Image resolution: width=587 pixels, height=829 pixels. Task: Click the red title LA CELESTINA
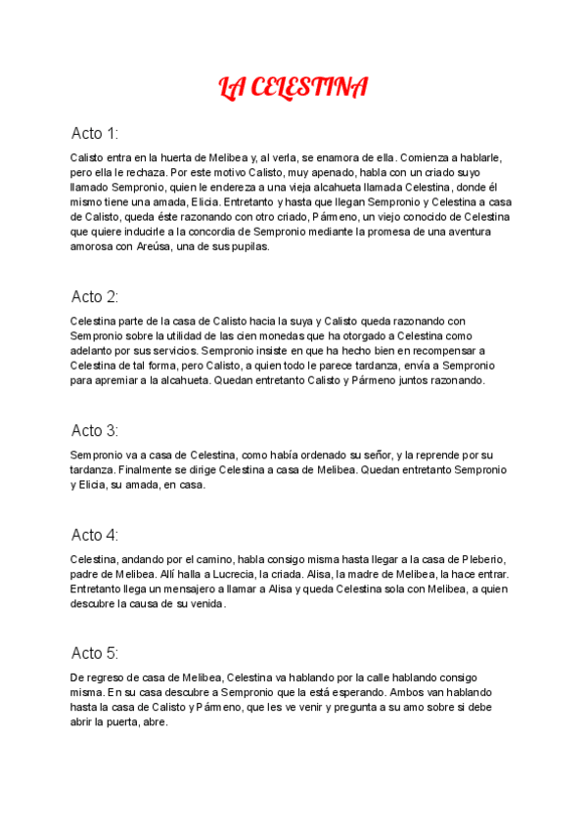[x=293, y=89]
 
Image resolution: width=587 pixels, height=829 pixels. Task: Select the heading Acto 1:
[x=95, y=133]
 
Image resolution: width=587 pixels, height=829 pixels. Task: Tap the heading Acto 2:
[x=95, y=296]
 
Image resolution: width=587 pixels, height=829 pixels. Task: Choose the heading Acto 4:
[x=95, y=535]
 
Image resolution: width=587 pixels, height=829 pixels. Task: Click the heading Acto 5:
[x=95, y=653]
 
